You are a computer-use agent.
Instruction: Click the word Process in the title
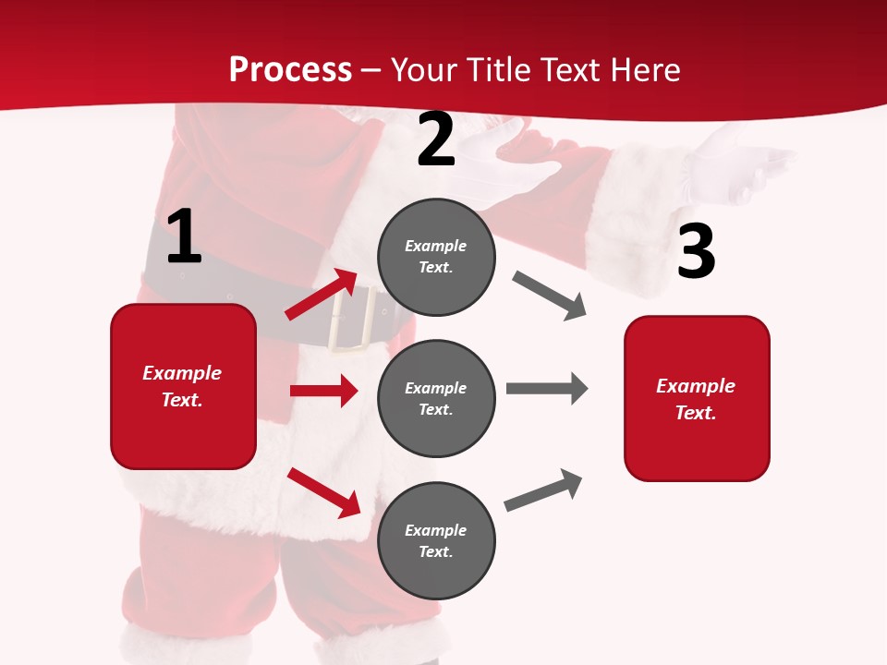point(290,70)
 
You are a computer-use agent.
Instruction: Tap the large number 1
point(184,236)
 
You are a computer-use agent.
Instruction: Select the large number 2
point(436,139)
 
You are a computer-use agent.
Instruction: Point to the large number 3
point(696,251)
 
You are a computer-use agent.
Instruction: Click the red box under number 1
point(183,386)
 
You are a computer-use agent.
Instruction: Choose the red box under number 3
point(697,398)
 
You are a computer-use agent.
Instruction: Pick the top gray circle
point(436,256)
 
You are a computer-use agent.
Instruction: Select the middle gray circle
point(436,398)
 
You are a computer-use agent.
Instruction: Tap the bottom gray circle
point(436,540)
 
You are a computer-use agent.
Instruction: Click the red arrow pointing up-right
point(321,295)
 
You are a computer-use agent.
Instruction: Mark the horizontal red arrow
point(323,391)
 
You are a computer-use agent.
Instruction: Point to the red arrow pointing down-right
point(323,491)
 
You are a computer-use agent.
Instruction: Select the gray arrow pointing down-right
point(550,296)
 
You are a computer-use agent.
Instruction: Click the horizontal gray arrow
point(546,389)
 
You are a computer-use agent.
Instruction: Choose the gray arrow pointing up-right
point(543,490)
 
